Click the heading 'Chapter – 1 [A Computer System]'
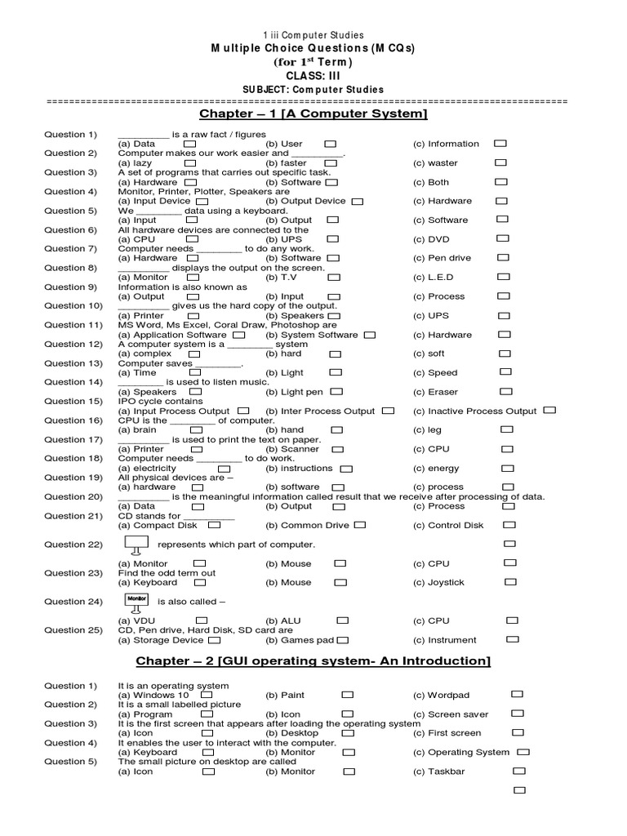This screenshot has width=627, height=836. click(x=313, y=113)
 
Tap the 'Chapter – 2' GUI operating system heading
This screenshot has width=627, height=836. click(x=313, y=660)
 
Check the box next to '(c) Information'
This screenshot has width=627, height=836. click(x=500, y=144)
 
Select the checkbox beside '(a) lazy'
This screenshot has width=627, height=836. click(x=190, y=163)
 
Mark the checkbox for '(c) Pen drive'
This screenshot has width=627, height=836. click(x=504, y=258)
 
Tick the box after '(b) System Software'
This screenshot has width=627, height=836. click(x=370, y=335)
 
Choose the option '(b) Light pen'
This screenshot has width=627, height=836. click(x=293, y=392)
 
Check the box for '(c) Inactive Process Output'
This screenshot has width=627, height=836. click(x=549, y=411)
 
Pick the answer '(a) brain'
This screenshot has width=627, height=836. click(x=137, y=430)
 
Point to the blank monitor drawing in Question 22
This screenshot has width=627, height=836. click(x=135, y=545)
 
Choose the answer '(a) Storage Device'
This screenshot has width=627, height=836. click(x=161, y=640)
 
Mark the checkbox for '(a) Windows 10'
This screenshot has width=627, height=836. click(x=207, y=695)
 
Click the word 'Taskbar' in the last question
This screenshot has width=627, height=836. click(x=448, y=772)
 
